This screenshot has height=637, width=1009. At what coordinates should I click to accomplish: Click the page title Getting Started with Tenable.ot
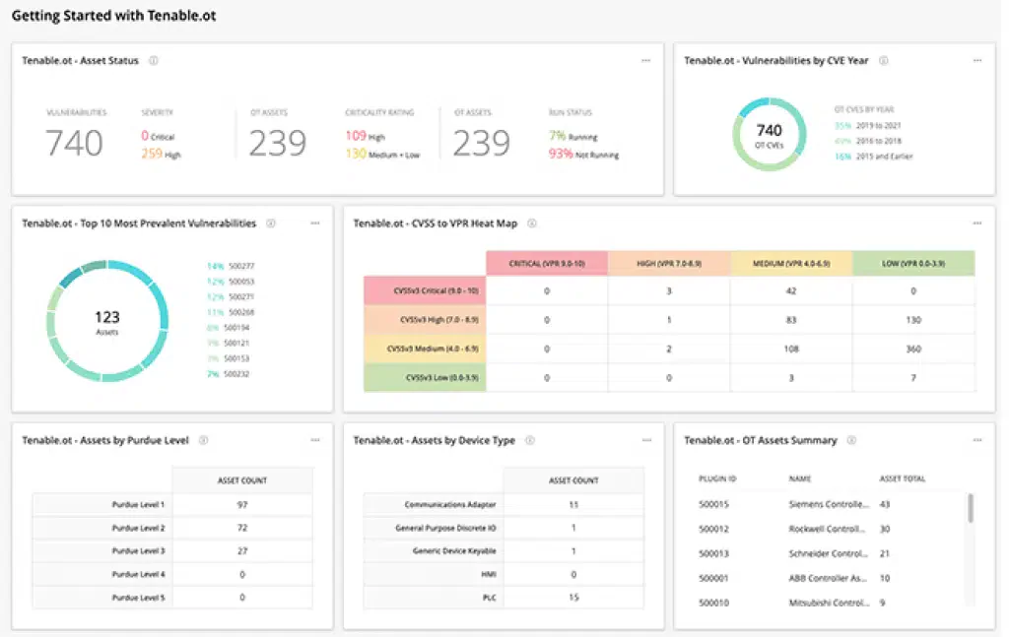pos(113,17)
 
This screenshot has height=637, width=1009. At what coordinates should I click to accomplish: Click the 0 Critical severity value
pos(158,136)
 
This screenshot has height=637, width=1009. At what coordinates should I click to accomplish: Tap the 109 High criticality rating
pos(366,136)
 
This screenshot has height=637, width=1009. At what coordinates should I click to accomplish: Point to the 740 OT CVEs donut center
pos(769,134)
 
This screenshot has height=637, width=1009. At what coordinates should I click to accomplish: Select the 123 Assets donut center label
pos(106,321)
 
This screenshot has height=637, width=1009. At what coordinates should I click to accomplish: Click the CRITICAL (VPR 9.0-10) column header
pos(546,263)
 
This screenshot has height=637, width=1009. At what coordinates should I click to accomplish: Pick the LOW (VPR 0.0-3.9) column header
pos(912,263)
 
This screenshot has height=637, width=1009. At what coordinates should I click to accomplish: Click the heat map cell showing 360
pos(912,349)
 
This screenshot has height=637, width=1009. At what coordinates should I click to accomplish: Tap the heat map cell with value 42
pos(790,290)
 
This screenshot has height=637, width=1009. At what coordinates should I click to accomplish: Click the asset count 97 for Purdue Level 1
pos(241,504)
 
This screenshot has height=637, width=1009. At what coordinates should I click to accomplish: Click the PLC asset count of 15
pos(572,597)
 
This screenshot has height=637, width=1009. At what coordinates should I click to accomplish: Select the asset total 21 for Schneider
pos(884,553)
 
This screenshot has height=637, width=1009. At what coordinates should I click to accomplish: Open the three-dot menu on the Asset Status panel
pos(645,60)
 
